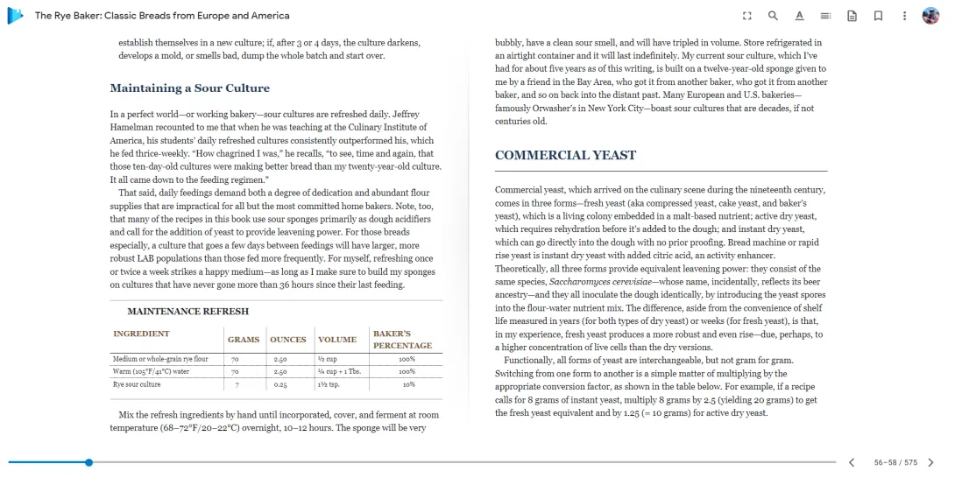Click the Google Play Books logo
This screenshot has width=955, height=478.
pos(16,16)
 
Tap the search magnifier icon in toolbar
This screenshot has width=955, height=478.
pos(773,16)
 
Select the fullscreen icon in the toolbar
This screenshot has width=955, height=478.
pos(746,16)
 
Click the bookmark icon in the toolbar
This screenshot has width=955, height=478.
pos(877,16)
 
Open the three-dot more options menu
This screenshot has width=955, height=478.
pos(903,16)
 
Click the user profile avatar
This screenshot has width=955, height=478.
pos(930,16)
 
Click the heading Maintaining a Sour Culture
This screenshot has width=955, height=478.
pos(189,88)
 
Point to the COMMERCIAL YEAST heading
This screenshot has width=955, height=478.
pos(565,156)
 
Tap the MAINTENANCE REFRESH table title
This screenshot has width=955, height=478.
pos(187,312)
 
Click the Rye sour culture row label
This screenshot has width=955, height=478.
pos(137,384)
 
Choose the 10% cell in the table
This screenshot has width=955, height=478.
pos(408,384)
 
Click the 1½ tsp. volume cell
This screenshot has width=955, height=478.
pos(328,384)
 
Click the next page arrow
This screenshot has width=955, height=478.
pos(930,462)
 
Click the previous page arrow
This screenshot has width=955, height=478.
pos(851,462)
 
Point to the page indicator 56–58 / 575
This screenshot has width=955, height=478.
pos(895,462)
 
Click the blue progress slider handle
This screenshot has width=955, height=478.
pos(88,462)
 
